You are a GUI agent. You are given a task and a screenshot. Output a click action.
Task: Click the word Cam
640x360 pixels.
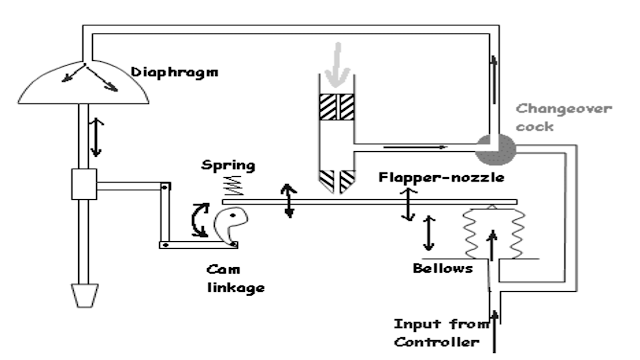[221, 271]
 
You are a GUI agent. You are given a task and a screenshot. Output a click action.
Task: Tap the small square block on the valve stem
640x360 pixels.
[81, 186]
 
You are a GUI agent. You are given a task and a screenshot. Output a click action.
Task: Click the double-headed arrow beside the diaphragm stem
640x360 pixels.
[95, 137]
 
